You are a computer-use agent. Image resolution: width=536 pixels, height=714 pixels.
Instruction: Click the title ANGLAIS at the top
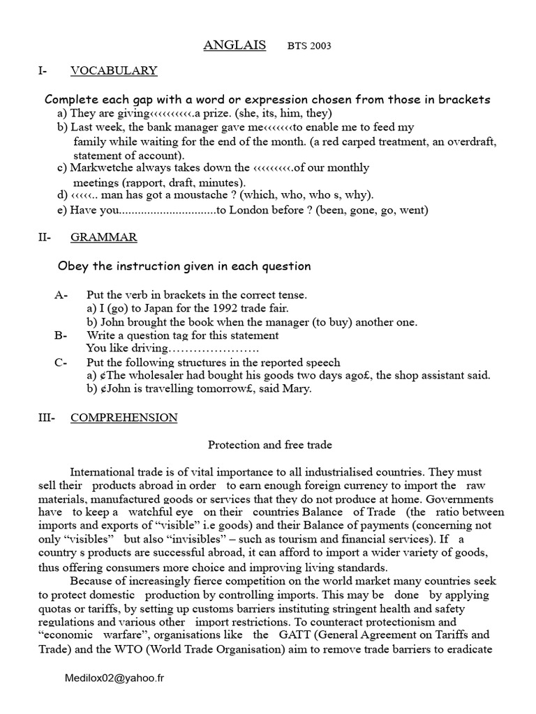[x=234, y=45]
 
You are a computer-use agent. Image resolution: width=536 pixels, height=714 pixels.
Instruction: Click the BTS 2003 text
[x=309, y=47]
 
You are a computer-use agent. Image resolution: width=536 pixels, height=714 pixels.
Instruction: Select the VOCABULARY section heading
[x=114, y=70]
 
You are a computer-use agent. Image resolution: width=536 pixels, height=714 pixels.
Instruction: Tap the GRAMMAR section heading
[x=104, y=237]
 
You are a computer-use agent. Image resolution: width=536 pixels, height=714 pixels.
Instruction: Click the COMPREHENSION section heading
[x=124, y=418]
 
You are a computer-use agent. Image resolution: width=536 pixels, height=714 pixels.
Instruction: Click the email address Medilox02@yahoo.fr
[x=117, y=677]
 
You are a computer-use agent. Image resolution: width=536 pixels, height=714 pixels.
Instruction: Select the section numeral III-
[x=46, y=418]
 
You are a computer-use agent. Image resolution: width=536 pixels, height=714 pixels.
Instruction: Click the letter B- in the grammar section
[x=61, y=335]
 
